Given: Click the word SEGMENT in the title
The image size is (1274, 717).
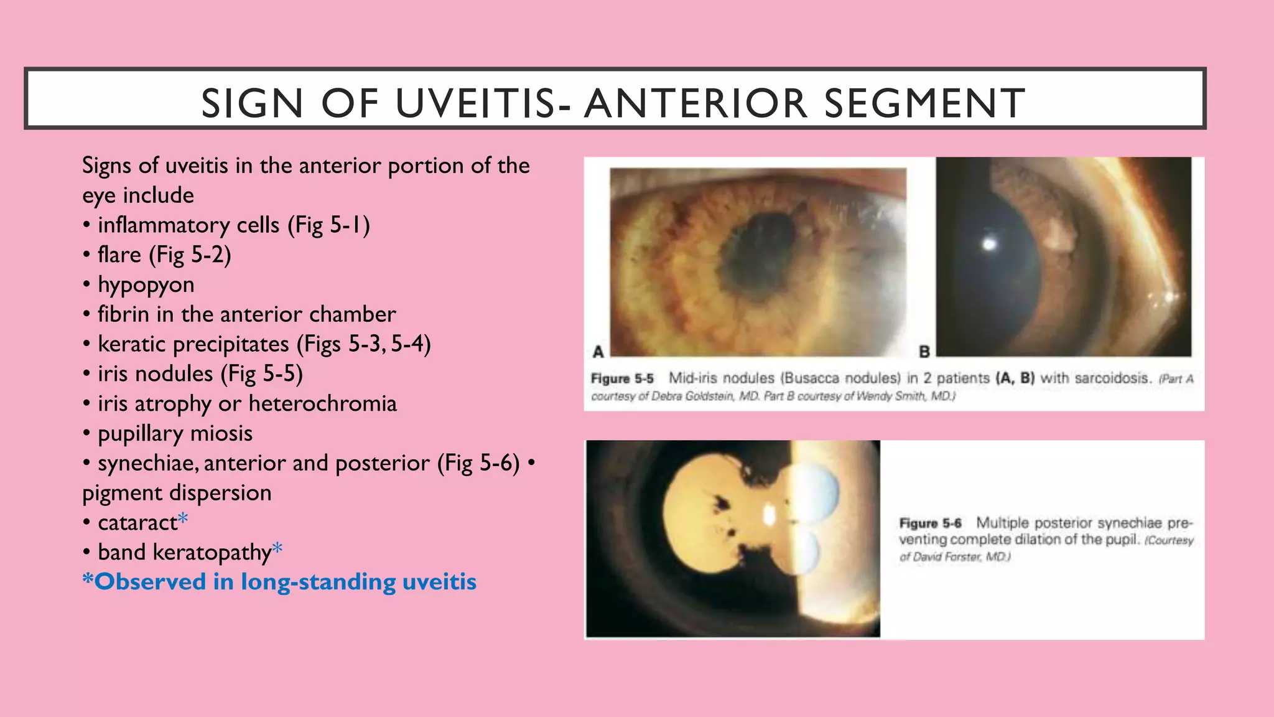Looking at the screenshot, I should click(x=924, y=103).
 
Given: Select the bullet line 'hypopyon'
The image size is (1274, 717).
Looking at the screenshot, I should click(x=146, y=284).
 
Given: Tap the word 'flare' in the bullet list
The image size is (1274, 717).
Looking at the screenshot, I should click(x=119, y=255).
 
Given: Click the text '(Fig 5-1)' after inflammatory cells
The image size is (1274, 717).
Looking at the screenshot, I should click(x=328, y=225).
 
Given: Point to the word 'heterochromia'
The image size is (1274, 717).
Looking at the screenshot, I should click(x=322, y=403).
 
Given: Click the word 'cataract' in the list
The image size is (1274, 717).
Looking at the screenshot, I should click(x=137, y=522).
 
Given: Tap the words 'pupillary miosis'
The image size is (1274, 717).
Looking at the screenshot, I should click(x=175, y=433).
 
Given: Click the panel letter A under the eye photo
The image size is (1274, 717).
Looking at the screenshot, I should click(x=598, y=352).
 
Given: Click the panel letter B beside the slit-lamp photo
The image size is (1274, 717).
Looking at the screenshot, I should click(x=924, y=352).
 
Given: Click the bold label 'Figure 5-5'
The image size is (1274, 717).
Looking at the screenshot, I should click(x=622, y=378).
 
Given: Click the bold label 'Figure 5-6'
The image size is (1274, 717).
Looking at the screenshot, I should click(x=930, y=523).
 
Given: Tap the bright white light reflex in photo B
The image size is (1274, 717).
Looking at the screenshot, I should click(x=989, y=244).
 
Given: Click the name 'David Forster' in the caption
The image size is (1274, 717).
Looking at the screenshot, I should click(x=941, y=556).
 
